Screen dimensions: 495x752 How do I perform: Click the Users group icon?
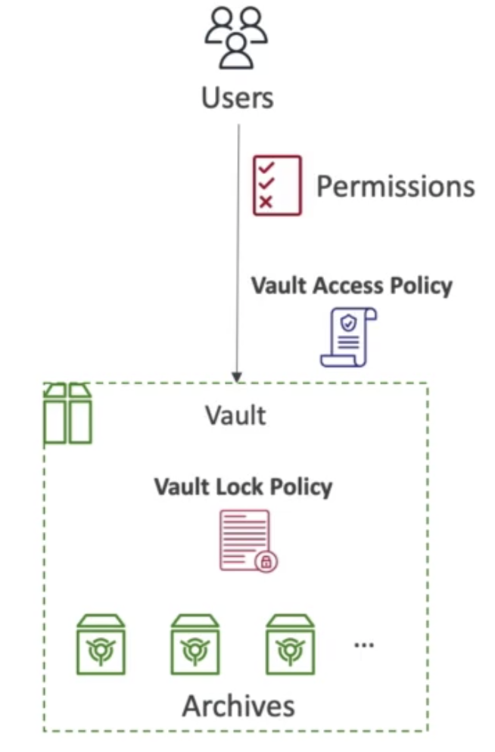pyautogui.click(x=236, y=39)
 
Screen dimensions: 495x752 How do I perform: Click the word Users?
pyautogui.click(x=238, y=98)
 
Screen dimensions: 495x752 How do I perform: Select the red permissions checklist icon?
pyautogui.click(x=277, y=185)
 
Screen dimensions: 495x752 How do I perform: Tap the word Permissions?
pyautogui.click(x=396, y=186)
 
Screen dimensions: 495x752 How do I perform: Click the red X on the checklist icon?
pyautogui.click(x=265, y=201)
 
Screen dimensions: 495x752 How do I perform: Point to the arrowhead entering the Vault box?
pyautogui.click(x=237, y=378)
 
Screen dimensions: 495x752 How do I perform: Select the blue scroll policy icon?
pyautogui.click(x=349, y=337)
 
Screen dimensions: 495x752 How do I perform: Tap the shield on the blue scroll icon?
pyautogui.click(x=349, y=324)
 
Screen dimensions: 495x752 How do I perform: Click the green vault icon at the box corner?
pyautogui.click(x=67, y=413)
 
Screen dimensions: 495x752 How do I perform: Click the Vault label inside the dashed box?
pyautogui.click(x=235, y=415)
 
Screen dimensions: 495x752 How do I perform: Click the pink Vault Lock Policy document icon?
pyautogui.click(x=248, y=540)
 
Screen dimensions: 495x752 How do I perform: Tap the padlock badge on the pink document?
pyautogui.click(x=266, y=561)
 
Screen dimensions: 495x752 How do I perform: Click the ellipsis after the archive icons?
pyautogui.click(x=364, y=645)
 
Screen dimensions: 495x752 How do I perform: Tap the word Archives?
pyautogui.click(x=238, y=707)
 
